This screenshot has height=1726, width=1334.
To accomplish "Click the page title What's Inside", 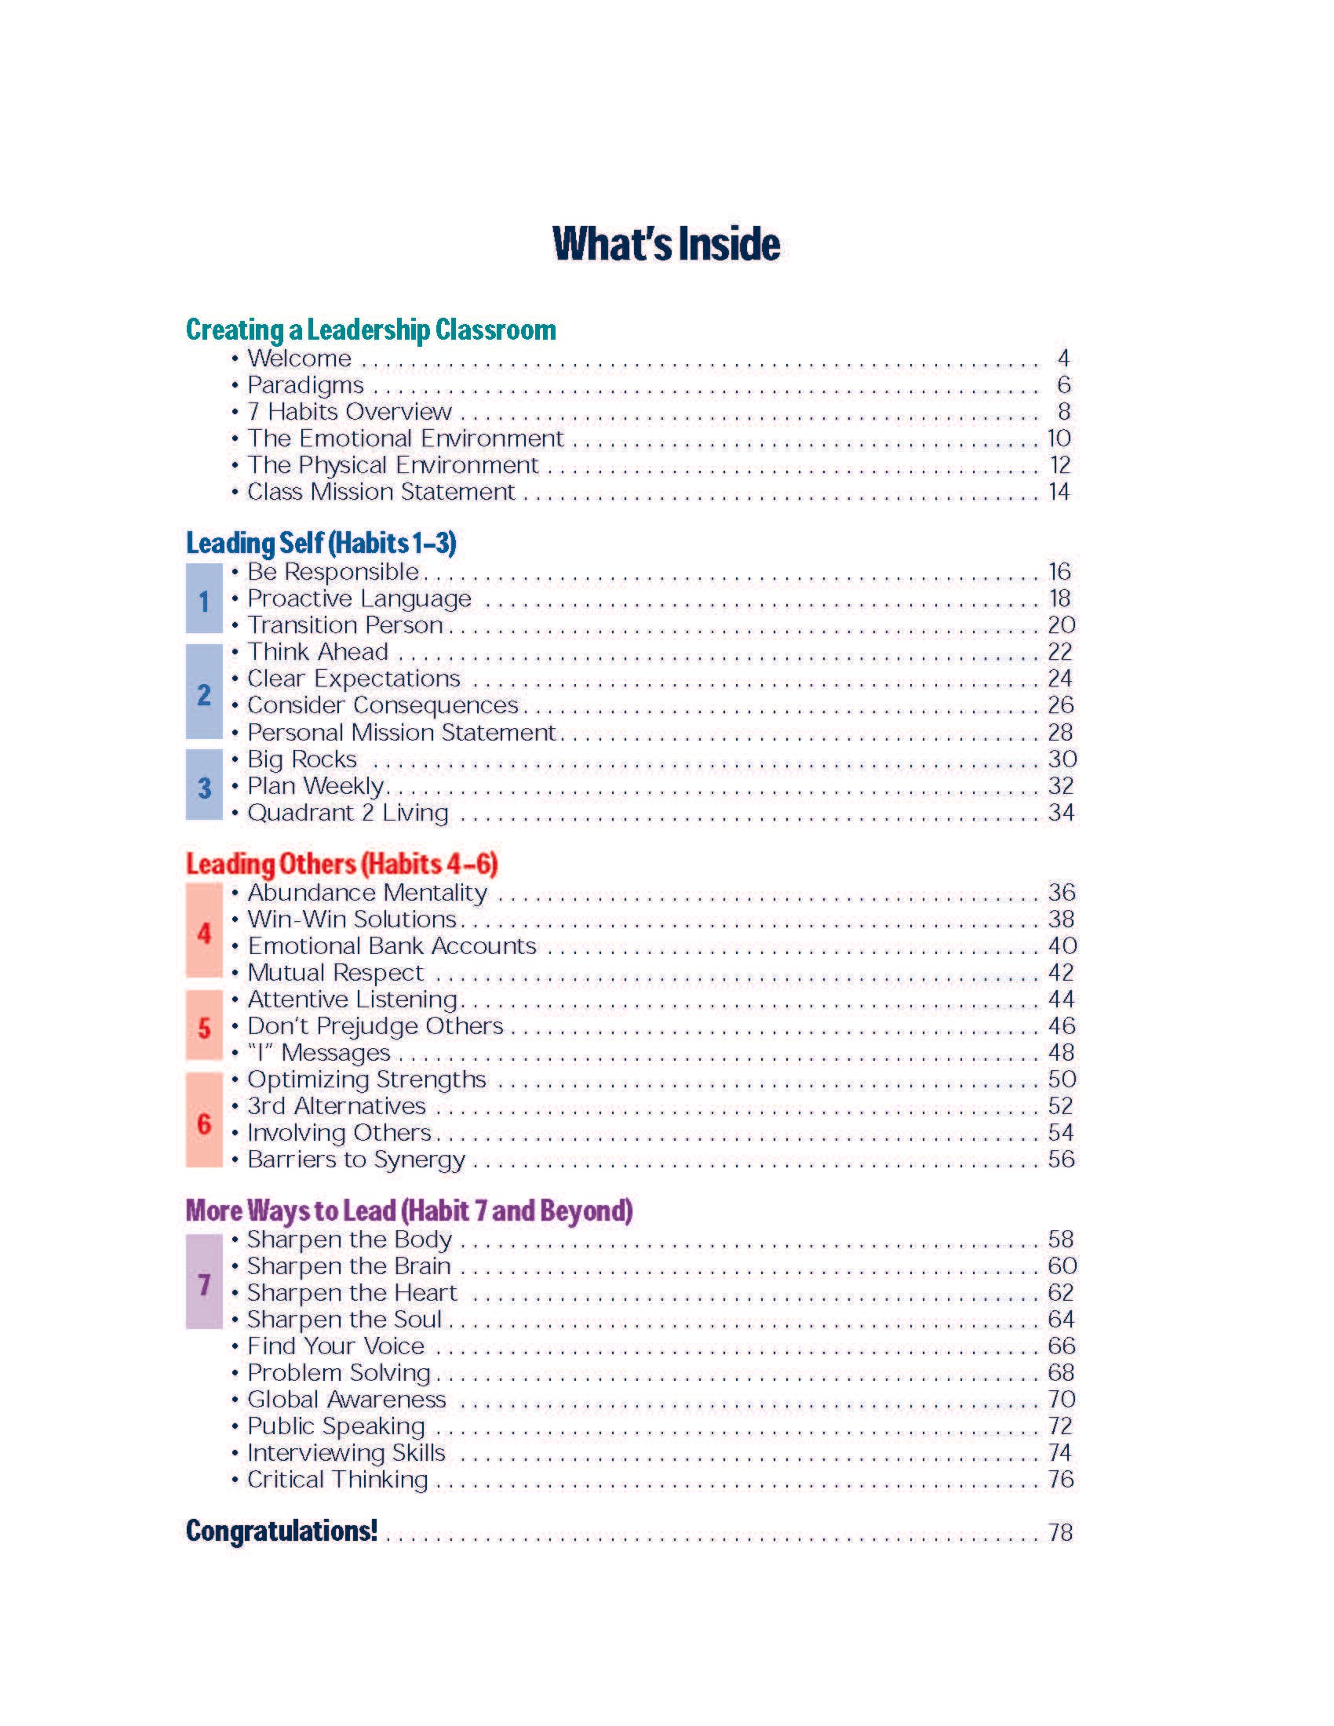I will click(x=666, y=243).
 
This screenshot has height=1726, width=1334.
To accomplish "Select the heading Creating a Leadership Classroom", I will click(x=370, y=330).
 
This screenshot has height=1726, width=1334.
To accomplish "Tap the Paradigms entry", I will click(x=305, y=386).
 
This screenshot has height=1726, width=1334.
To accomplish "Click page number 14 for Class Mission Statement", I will click(x=1059, y=493).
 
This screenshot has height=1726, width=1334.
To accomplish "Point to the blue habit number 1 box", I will click(x=204, y=599).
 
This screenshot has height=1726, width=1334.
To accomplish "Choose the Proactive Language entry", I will click(x=359, y=599).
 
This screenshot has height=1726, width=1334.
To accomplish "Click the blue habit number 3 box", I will click(x=204, y=785).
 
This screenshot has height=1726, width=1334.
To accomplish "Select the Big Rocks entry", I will click(x=302, y=759).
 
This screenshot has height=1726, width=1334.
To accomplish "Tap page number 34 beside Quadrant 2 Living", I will click(x=1061, y=814).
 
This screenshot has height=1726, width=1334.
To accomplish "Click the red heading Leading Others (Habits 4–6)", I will click(x=341, y=864).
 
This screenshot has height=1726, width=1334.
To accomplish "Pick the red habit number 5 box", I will click(x=204, y=1026).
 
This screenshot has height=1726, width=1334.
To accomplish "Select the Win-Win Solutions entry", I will click(x=352, y=920).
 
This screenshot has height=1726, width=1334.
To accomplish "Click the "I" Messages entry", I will click(x=319, y=1054).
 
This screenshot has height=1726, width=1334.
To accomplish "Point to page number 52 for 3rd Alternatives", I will click(x=1061, y=1106).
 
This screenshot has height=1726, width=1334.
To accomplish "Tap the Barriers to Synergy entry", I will click(x=356, y=1160).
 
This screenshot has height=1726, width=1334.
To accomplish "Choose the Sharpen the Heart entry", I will click(x=352, y=1293).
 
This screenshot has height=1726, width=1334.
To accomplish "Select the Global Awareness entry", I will click(x=346, y=1400).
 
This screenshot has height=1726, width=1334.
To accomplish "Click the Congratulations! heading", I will click(x=282, y=1531).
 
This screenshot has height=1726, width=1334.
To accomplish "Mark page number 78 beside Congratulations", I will click(x=1061, y=1533).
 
